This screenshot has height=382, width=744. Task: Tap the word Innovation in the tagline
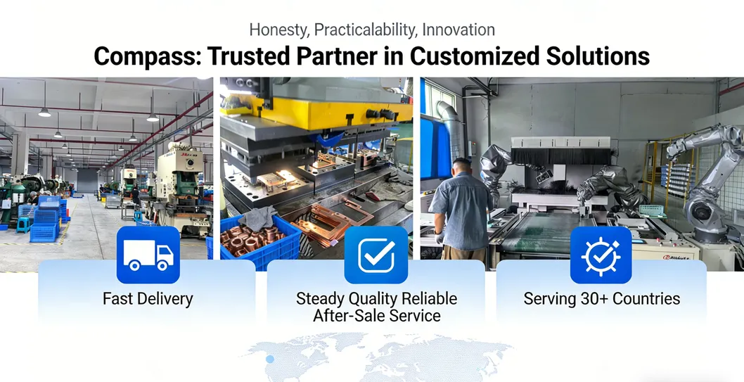(x=458, y=30)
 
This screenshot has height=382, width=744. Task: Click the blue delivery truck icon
(x=148, y=255)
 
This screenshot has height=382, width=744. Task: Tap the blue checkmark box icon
(x=376, y=255)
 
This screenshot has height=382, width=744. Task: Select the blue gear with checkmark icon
(x=601, y=255)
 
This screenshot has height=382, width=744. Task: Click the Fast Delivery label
(x=148, y=299)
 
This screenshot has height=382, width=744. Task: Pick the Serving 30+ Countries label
(x=602, y=299)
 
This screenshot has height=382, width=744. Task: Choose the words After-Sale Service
(x=377, y=316)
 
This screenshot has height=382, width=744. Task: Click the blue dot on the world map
(x=270, y=359)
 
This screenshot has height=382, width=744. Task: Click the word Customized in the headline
(x=475, y=56)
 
